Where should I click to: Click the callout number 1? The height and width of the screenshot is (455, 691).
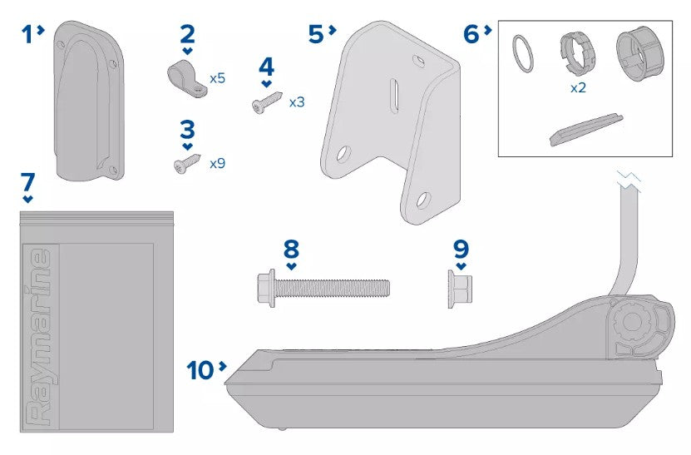[x=27, y=34]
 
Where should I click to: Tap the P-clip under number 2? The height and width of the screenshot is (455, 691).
[x=187, y=79]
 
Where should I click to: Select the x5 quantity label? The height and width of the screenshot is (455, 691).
[x=217, y=78]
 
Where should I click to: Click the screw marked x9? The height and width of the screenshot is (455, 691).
[x=187, y=163]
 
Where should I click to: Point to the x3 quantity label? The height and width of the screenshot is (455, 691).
[x=297, y=102]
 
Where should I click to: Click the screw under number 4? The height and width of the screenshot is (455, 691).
[x=267, y=101]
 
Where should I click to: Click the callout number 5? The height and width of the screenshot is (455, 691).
[x=316, y=34]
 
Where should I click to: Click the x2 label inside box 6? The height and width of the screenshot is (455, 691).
[x=578, y=87]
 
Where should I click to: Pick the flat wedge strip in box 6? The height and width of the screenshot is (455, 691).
[x=586, y=129]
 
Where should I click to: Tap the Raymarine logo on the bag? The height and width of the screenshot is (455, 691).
[x=41, y=337]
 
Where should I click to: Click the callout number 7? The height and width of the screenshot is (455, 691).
[x=27, y=181]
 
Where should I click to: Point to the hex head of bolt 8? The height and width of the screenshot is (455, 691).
[x=266, y=288]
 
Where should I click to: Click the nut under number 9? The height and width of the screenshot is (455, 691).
[x=460, y=289]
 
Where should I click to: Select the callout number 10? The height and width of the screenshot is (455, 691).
[x=200, y=370]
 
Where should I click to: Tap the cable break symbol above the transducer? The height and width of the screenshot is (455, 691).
[x=629, y=180]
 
